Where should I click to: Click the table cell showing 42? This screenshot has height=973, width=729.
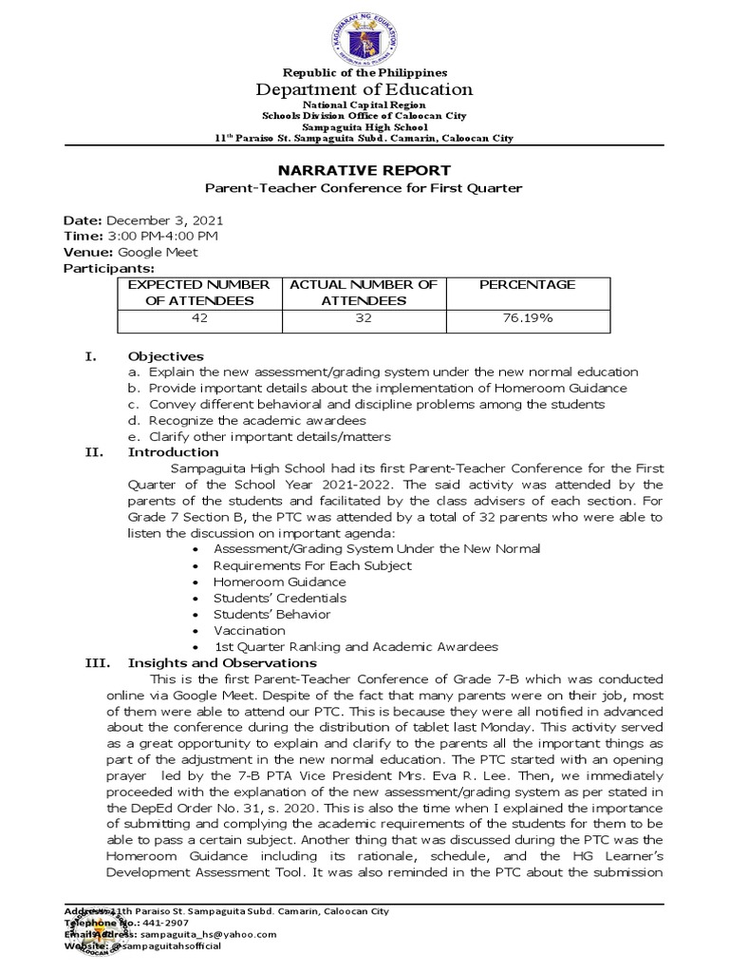(199, 318)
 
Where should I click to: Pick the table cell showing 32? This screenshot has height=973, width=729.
(364, 318)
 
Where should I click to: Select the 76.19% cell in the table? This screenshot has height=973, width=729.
(529, 318)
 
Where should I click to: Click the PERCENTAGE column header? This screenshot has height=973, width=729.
(527, 284)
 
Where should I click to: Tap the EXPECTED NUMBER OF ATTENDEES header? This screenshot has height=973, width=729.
(199, 292)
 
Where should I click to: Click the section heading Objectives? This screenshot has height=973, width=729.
(165, 356)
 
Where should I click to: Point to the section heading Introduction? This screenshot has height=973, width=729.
(173, 452)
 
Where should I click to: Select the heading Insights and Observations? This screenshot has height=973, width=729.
(222, 662)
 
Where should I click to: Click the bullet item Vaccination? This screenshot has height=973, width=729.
(249, 630)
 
